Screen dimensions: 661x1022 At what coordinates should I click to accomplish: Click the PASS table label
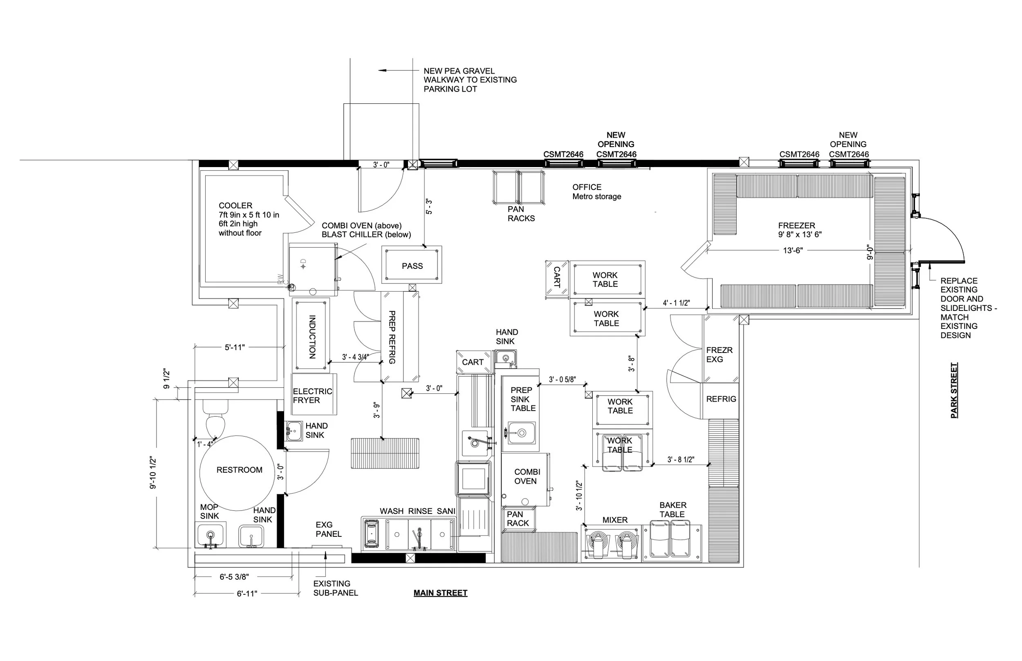(412, 266)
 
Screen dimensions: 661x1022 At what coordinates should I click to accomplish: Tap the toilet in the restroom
(215, 421)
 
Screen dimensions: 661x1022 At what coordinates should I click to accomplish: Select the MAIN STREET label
(440, 593)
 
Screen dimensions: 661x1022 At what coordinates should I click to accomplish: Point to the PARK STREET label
(954, 391)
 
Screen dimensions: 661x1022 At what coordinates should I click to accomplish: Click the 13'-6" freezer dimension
(793, 251)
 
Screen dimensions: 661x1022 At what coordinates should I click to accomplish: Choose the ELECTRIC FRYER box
(314, 395)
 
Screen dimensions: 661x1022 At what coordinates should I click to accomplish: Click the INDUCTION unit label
(312, 337)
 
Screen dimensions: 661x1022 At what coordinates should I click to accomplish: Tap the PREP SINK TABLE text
(522, 399)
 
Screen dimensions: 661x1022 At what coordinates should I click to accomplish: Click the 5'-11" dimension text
(235, 347)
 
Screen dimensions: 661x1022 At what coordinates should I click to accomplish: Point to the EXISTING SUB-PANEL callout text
(335, 588)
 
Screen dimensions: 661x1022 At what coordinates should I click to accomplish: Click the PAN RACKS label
(521, 214)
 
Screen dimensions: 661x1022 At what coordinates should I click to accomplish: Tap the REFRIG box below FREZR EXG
(721, 399)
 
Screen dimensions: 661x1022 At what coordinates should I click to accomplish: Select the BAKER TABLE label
(672, 509)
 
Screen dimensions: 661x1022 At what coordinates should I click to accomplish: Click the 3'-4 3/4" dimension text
(355, 357)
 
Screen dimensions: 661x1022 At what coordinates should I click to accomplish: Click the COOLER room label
(235, 205)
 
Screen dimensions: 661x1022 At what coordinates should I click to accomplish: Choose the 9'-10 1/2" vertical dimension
(153, 473)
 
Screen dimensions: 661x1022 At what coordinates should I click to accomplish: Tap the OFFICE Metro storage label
(596, 192)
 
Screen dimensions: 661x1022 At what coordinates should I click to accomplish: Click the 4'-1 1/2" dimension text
(676, 303)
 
